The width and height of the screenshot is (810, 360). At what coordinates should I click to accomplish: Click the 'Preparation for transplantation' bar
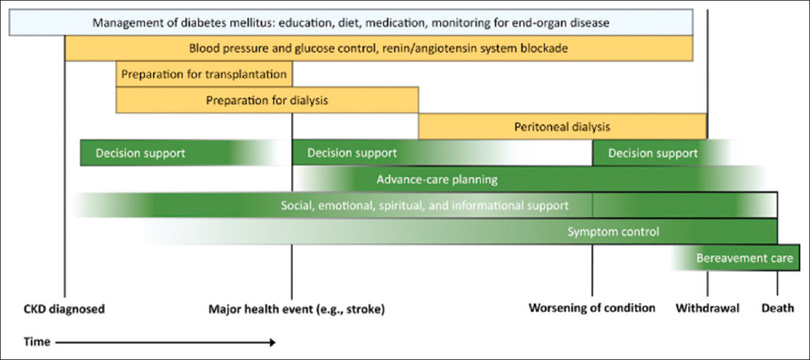[204, 74]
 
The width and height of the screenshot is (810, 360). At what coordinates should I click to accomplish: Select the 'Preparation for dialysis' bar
[267, 100]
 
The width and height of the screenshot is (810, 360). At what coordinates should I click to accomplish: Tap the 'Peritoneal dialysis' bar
[562, 126]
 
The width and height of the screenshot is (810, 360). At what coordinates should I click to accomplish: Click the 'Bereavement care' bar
[736, 258]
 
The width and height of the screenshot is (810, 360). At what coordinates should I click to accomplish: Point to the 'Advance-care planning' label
[437, 179]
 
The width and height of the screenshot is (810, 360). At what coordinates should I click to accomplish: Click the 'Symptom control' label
[613, 232]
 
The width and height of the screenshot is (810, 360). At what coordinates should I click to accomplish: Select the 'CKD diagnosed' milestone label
[64, 309]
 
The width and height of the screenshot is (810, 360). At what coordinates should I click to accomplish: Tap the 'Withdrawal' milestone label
[708, 308]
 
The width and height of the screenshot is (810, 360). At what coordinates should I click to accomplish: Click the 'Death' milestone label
[778, 308]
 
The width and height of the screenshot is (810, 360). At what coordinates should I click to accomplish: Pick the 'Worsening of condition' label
[592, 308]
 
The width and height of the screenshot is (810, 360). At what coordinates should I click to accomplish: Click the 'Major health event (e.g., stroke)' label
[297, 309]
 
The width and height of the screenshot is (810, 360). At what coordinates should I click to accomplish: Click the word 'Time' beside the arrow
[37, 341]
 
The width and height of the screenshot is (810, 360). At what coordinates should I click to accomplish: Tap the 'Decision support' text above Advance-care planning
[352, 153]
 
